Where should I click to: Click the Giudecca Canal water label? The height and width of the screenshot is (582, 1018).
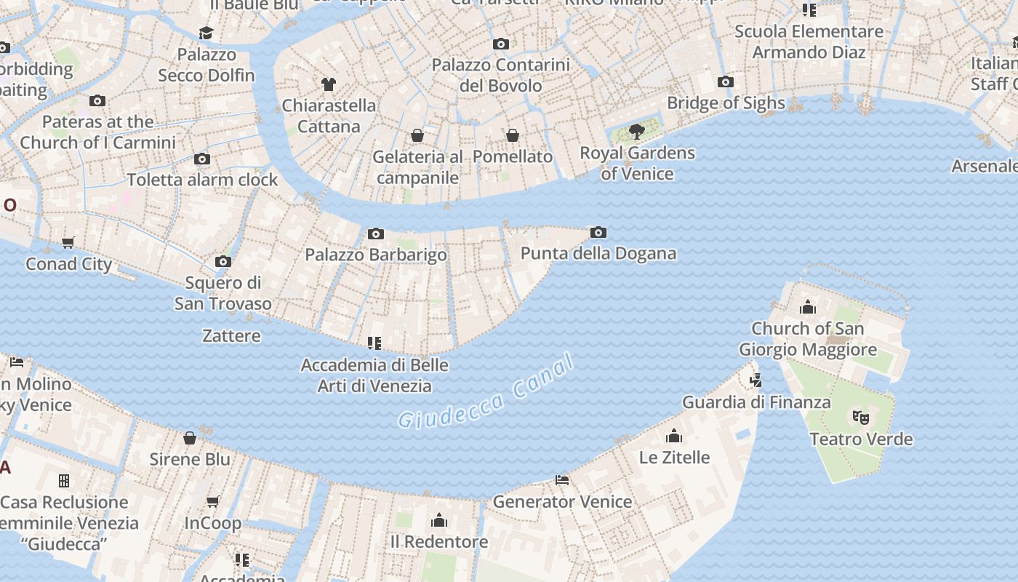(486, 393)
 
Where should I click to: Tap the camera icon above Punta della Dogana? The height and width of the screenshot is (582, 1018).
(598, 233)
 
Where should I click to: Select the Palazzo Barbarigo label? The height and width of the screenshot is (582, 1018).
(375, 255)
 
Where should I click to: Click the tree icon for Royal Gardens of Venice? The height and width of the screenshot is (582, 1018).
(637, 132)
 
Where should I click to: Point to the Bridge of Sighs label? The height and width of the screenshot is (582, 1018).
(726, 103)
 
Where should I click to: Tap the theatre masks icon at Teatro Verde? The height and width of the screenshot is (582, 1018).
(861, 418)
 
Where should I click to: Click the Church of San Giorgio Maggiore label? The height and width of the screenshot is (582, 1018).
(807, 339)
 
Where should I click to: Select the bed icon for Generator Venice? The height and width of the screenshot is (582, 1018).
(562, 480)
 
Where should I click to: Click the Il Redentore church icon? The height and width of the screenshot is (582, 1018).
(439, 520)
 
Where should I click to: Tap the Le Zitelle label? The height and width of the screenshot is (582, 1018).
(674, 458)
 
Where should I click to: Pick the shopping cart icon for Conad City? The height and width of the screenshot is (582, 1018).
(68, 242)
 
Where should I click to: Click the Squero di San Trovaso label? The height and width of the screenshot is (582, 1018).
(223, 293)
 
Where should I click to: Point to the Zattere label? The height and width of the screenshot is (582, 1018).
(231, 335)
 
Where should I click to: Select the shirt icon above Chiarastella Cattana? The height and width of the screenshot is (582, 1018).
(329, 84)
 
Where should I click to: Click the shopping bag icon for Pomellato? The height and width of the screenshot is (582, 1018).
(513, 135)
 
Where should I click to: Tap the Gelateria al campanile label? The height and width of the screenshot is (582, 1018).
(417, 167)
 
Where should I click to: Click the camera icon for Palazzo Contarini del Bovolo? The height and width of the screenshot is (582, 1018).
(501, 44)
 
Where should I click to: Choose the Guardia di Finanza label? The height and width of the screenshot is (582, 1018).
(756, 402)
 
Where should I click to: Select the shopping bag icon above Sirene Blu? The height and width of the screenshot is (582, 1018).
(190, 438)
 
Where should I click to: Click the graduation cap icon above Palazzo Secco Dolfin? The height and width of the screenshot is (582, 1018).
(207, 33)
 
